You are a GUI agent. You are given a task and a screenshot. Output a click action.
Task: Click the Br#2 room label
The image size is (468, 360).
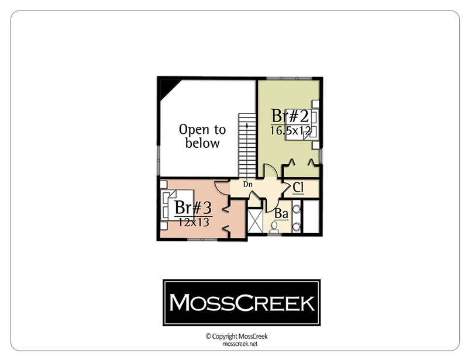[x=290, y=116]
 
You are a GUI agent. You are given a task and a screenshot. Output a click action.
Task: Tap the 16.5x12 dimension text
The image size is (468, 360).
[x=291, y=130]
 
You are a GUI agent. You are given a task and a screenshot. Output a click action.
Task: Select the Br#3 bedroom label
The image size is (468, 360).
[x=193, y=207]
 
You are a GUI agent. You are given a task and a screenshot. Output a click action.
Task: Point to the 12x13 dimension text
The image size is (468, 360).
[x=194, y=222]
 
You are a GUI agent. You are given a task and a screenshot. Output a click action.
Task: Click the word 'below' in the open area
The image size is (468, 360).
[x=202, y=143]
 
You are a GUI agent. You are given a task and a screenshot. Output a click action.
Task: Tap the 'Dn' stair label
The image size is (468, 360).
[x=247, y=184]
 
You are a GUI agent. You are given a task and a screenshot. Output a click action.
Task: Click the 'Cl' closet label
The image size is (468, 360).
[x=298, y=188]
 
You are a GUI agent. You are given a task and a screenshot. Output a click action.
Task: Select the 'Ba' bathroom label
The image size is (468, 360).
[x=281, y=213]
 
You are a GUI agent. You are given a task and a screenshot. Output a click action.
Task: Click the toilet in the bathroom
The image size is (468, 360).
[x=274, y=227]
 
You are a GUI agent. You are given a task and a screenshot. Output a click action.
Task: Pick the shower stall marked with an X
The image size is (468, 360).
[x=255, y=221]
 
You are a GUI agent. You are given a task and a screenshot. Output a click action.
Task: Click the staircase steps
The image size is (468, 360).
[x=247, y=145]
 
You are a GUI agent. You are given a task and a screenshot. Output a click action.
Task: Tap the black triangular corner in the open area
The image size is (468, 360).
[x=168, y=88]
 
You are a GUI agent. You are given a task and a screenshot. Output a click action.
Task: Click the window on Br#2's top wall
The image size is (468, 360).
[x=288, y=78]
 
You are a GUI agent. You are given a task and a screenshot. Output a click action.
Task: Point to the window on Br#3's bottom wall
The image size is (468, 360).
[x=202, y=239]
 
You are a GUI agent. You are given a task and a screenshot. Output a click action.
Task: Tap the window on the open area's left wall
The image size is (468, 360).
[x=159, y=161]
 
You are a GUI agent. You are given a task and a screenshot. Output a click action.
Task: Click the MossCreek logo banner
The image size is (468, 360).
[x=242, y=303]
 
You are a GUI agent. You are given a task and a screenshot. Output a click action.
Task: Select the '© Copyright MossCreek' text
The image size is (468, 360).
[x=237, y=337]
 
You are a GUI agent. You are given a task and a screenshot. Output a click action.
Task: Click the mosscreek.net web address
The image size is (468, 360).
[x=240, y=344]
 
